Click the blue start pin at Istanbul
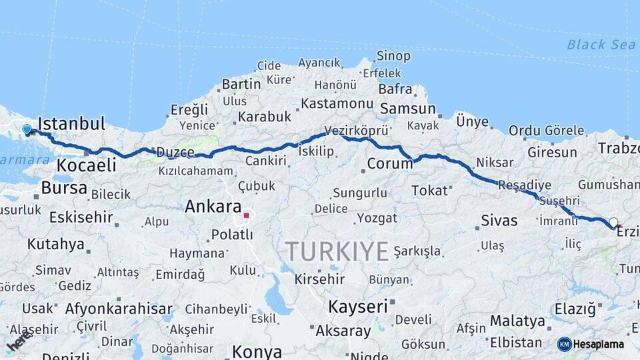27,129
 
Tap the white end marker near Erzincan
613,223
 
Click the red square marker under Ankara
246,215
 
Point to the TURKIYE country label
337,251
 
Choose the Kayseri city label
358,307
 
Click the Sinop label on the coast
393,56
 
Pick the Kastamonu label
337,103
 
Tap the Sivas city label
499,220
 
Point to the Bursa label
64,187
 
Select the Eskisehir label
71,217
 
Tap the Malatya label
517,321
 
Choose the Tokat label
429,191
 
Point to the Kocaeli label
87,165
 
